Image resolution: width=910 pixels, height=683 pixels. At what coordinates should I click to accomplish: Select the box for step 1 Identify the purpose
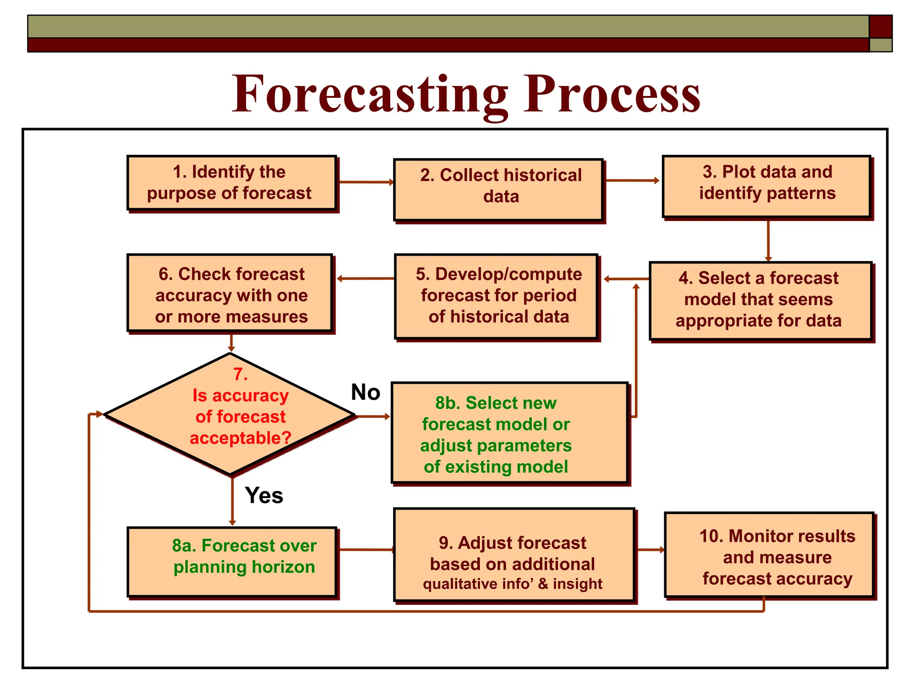point(231,183)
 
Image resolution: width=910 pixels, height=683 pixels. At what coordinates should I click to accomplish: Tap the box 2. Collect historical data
point(499,189)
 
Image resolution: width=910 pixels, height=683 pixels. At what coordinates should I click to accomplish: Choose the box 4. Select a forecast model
point(760,301)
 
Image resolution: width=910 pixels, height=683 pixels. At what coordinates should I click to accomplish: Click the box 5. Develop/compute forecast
point(496,296)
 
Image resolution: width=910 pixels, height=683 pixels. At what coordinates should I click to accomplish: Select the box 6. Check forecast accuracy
point(230,293)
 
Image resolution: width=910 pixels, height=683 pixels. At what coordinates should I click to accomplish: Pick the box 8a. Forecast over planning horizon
point(231,561)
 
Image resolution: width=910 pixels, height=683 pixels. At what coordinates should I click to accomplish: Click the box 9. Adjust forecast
point(514,554)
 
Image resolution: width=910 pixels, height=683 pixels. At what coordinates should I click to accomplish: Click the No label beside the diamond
point(365,392)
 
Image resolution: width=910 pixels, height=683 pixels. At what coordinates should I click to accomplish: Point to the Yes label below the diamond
point(263,495)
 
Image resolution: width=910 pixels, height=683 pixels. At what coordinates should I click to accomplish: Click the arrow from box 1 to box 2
point(365,182)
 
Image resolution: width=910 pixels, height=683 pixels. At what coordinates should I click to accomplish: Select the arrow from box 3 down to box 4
point(768,240)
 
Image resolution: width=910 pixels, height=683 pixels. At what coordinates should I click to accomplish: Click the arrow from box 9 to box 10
point(650,550)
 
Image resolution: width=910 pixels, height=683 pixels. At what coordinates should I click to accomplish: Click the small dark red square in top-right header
point(880,27)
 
